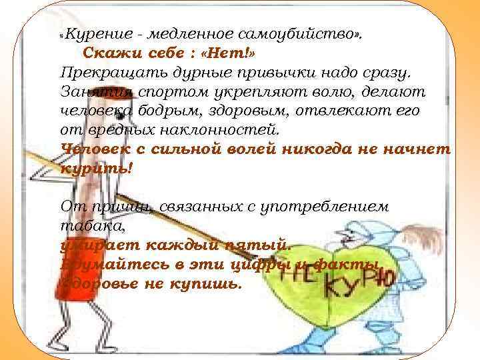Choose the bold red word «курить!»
pos(97,168)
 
